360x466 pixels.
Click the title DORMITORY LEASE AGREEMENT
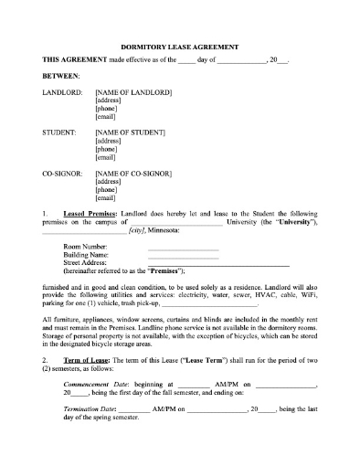(180, 45)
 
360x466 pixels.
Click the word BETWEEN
(61, 75)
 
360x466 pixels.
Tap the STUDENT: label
(59, 132)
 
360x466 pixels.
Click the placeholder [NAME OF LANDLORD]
(133, 92)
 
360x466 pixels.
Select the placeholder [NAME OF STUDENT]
(131, 132)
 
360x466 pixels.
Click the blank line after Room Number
(183, 247)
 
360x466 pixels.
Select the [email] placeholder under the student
(106, 157)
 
